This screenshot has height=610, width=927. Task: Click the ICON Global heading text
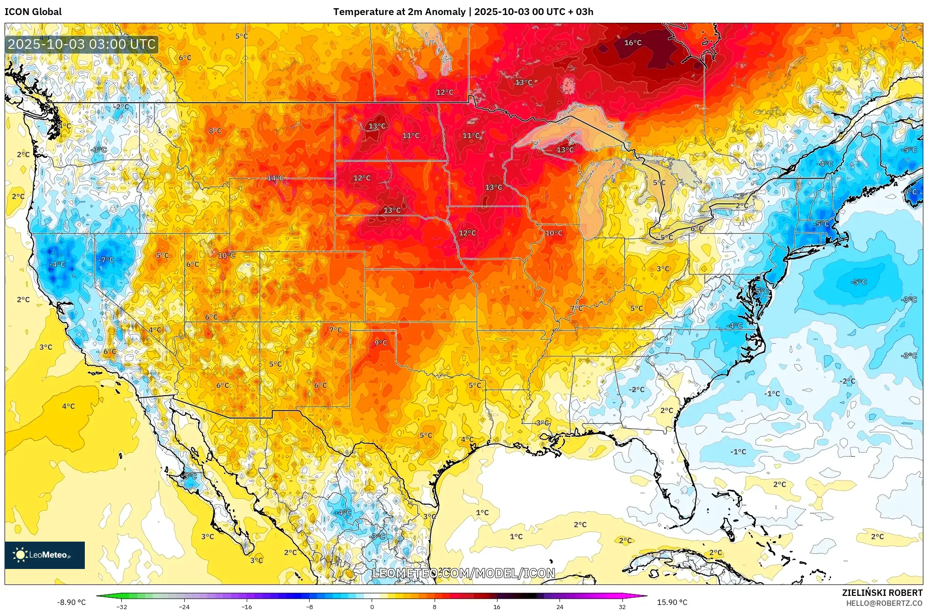[33, 12]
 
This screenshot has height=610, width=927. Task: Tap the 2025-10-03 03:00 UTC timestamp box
[82, 44]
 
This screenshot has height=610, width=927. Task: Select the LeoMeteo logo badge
[45, 555]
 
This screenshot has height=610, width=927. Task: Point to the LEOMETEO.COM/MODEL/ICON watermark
[463, 573]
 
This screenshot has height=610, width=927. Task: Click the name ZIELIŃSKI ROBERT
[882, 593]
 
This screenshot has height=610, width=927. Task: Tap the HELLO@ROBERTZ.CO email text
[884, 603]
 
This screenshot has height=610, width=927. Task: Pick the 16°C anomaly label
[632, 43]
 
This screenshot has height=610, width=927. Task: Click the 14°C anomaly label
[275, 178]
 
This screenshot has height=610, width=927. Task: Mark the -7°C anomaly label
[106, 260]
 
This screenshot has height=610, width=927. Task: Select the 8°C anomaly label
[215, 131]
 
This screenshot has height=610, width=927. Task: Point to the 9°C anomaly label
[381, 343]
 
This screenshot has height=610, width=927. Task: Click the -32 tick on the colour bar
[121, 607]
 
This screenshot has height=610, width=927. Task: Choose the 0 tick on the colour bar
[372, 607]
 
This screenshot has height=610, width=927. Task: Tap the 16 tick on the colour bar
[497, 607]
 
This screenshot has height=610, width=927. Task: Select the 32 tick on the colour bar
[622, 607]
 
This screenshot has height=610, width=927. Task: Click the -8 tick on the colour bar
[309, 607]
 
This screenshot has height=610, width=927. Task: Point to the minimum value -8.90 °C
[71, 602]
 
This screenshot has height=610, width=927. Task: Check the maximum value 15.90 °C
[672, 602]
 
